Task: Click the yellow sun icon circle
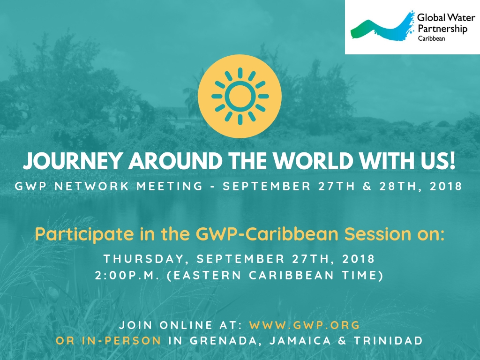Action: (240, 96)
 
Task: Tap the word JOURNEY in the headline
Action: (73, 160)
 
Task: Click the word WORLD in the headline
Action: (313, 160)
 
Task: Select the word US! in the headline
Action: (438, 160)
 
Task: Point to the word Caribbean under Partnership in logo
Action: (431, 38)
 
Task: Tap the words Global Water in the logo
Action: (446, 17)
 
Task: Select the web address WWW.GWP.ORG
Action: (305, 325)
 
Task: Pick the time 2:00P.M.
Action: (127, 275)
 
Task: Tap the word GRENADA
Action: (225, 340)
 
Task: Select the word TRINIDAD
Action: (388, 340)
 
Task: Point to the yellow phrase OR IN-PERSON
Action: (108, 340)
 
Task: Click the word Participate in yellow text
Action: (84, 234)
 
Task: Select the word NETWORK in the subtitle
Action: (91, 186)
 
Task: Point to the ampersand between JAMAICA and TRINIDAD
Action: (342, 340)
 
